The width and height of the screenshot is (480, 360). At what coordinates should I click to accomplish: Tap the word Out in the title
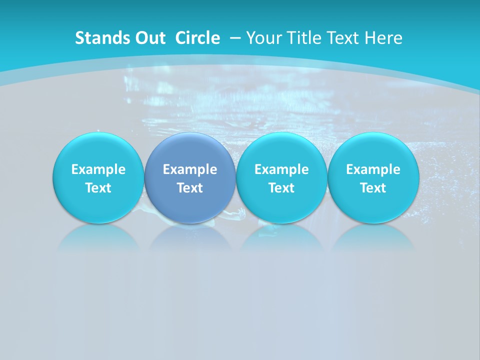tap(148, 38)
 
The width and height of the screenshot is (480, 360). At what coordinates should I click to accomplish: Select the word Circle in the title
tap(197, 38)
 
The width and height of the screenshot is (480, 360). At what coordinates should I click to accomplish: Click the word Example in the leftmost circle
tap(98, 169)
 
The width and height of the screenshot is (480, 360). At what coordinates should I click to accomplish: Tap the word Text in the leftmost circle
tap(98, 188)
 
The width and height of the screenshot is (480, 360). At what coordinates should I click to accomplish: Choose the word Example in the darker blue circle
tap(190, 169)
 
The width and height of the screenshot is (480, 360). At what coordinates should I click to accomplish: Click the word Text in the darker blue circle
tap(190, 188)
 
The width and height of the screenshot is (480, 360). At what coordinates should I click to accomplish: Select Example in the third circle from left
tap(281, 169)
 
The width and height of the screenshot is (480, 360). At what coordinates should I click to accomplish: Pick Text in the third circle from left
tap(281, 188)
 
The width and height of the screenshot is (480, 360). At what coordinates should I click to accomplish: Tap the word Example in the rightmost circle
tap(373, 169)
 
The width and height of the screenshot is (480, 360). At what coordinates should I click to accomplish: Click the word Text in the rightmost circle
tap(373, 188)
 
